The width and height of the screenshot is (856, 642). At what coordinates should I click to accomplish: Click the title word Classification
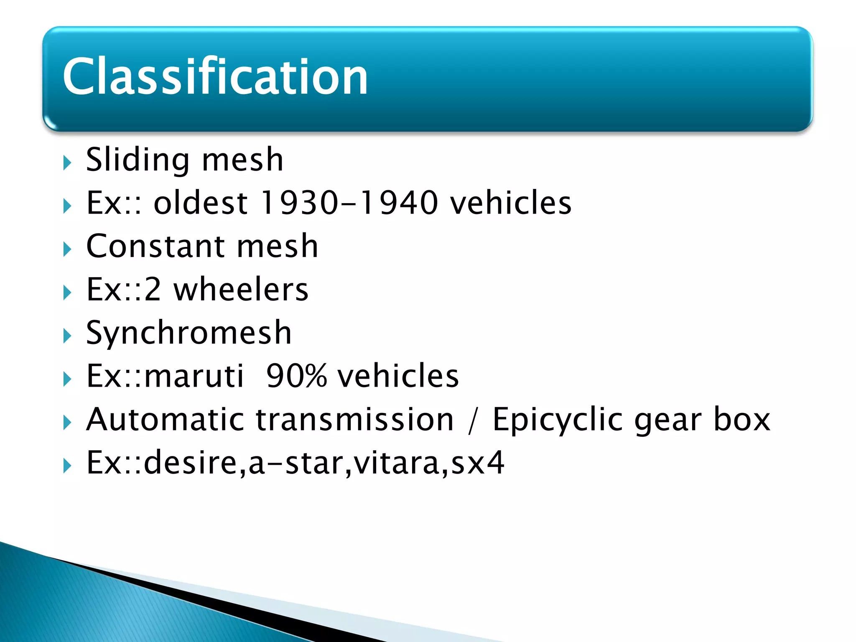pos(215,77)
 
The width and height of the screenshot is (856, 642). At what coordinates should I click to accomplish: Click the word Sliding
pos(138,160)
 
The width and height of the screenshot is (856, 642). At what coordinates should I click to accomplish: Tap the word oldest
pos(201,203)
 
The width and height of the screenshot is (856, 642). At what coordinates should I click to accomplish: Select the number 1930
pos(299,203)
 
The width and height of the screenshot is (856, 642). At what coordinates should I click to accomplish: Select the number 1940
pos(399,203)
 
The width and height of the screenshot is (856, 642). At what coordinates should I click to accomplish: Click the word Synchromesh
pos(189,333)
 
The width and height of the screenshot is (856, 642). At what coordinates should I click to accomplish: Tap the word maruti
pos(194,376)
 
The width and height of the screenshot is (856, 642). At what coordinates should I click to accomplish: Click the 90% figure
pos(296,376)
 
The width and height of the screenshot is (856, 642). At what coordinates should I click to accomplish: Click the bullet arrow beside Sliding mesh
pos(67,163)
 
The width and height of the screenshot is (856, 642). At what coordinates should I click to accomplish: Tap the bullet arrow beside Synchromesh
pos(67,336)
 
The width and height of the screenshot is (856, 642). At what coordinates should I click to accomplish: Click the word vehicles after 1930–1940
pos(510,203)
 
